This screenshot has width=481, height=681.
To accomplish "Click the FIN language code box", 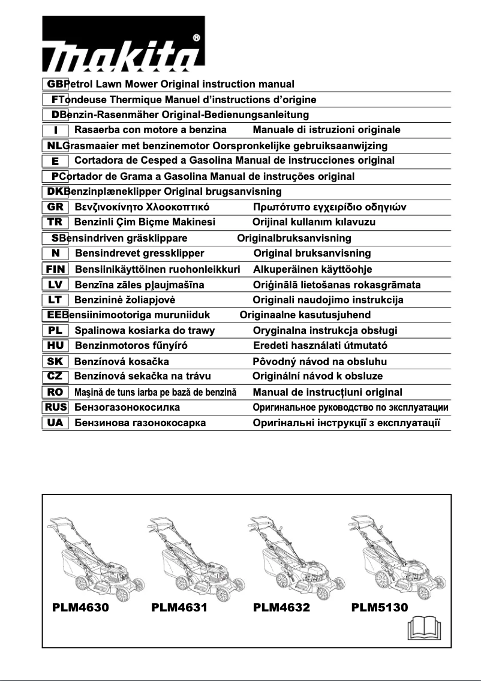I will point(56,269).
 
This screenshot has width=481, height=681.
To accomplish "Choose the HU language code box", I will point(56,346).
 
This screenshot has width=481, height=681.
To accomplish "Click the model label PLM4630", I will point(80,607).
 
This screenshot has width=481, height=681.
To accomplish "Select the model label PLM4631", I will point(179,607).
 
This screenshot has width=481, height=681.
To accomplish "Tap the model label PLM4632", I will point(281,607).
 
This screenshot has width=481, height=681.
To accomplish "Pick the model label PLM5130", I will point(380,607).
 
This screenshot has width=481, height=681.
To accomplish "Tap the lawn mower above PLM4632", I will point(283,555).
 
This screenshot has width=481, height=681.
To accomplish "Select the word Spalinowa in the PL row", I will point(100,330).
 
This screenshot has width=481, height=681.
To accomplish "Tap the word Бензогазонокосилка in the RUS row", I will point(127,408).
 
